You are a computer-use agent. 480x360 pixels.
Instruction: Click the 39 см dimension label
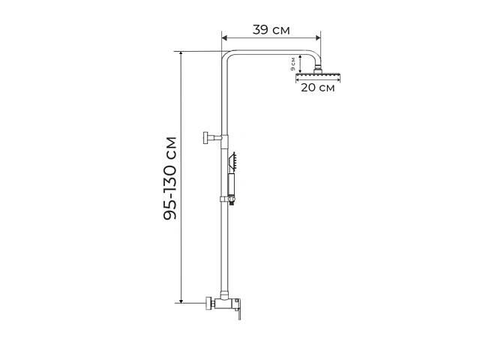(x=271, y=30)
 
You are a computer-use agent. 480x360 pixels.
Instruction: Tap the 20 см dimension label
(x=318, y=88)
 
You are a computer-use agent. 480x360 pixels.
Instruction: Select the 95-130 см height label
(x=170, y=178)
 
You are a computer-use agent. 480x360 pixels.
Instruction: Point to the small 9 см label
(x=293, y=64)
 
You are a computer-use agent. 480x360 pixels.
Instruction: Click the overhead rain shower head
(x=318, y=75)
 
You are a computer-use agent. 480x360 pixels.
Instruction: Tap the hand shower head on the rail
(x=232, y=160)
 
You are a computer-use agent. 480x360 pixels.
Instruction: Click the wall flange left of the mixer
(x=210, y=303)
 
